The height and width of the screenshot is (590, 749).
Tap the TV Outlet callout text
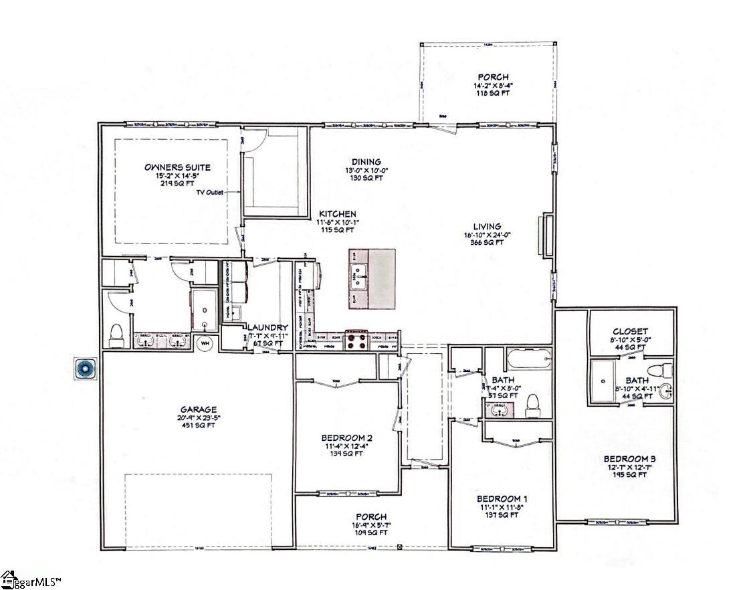211,192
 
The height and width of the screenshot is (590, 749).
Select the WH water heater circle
205,343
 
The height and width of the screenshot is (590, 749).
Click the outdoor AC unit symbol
86,367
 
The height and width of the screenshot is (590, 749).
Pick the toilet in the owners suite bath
116,334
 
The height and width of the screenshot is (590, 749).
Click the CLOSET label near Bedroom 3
630,332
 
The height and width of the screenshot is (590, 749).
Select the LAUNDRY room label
270,328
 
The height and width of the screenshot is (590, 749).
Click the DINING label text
366,162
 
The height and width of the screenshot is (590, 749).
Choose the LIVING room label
486,226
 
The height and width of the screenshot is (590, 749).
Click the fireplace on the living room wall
548,234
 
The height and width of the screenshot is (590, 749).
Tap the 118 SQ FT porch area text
493,94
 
